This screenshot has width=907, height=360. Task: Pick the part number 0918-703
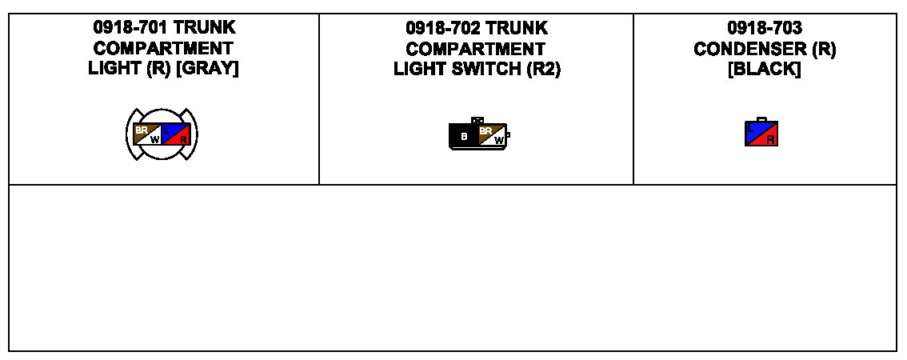765,29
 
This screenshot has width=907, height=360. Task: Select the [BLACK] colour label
765,69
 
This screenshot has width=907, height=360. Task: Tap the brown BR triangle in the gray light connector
142,128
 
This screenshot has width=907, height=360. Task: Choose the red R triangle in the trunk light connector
182,138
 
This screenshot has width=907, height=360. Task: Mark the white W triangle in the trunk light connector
154,138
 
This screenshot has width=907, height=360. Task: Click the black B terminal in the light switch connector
463,137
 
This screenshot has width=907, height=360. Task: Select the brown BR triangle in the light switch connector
485,131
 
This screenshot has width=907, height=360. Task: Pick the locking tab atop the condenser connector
761,119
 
